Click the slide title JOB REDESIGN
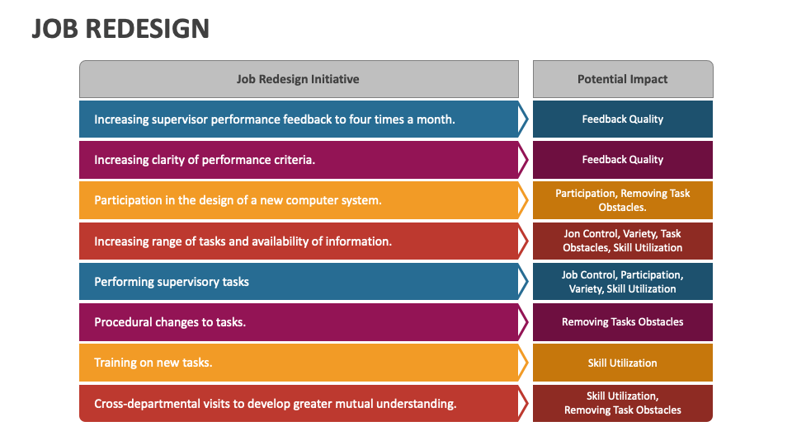coord(120,29)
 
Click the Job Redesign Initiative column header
coord(298,79)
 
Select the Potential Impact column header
coord(622,79)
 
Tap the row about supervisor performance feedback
coord(274,119)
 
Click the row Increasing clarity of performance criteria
coord(205,160)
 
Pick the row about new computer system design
coord(238,200)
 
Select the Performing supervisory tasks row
coord(172,282)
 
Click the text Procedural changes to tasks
coord(170,322)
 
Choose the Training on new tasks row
coord(153,363)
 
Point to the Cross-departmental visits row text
coord(275,404)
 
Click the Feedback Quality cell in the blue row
coord(622,119)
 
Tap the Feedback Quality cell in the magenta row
coord(622,160)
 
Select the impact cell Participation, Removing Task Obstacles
coord(622,200)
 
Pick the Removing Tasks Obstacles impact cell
coord(622,322)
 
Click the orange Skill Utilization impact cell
coord(622,363)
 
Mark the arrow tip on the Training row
coord(525,363)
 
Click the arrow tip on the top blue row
coord(525,119)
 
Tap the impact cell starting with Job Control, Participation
coord(622,282)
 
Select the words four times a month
coord(402,119)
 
